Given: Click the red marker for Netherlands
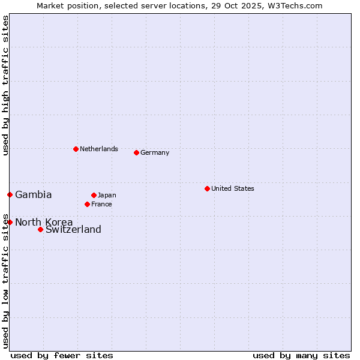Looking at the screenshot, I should click(x=76, y=149).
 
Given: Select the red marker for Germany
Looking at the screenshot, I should click(x=136, y=152).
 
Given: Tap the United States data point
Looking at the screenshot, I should click(x=207, y=188).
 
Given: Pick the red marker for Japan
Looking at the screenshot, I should click(x=94, y=195).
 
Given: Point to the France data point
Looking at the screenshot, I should click(x=87, y=204).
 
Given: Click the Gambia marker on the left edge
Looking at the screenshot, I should click(x=10, y=194).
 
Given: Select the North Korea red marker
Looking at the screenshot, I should click(x=10, y=222).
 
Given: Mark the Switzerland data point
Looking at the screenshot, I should click(x=40, y=229).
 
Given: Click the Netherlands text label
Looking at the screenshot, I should click(x=99, y=149).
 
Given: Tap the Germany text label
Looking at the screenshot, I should click(x=155, y=152).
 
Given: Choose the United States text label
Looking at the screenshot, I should click(x=233, y=188).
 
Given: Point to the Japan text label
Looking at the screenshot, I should click(x=107, y=195).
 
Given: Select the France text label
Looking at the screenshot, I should click(x=101, y=204).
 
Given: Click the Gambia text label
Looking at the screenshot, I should click(x=34, y=194).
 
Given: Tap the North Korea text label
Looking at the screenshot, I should click(x=44, y=222).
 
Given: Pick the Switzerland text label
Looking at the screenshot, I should click(x=73, y=229).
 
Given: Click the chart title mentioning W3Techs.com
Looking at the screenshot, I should click(x=179, y=5).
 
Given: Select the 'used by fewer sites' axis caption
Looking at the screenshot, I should click(x=62, y=355).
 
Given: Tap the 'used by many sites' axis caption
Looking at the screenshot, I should click(x=301, y=355).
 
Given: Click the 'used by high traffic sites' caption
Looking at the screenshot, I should click(x=5, y=85).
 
